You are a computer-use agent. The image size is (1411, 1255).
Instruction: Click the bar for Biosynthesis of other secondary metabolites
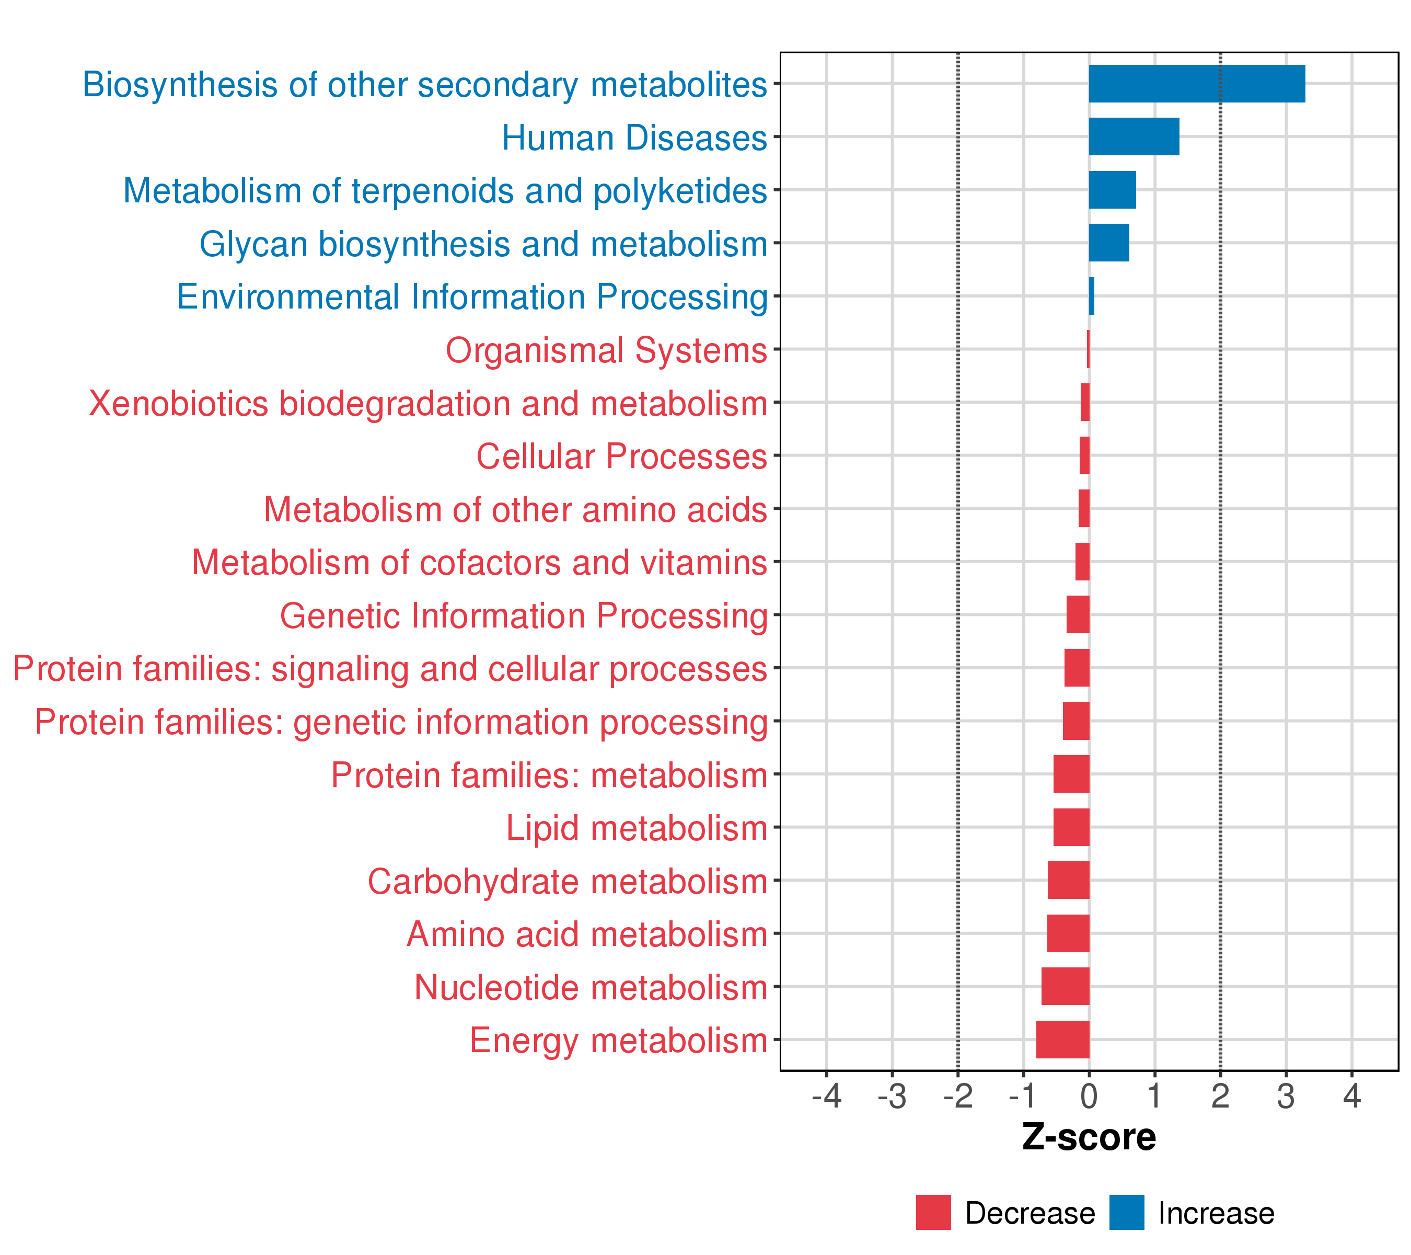point(1196,84)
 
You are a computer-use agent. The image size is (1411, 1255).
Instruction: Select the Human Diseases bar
point(1134,137)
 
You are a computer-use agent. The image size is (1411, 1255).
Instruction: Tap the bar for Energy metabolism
point(1062,1040)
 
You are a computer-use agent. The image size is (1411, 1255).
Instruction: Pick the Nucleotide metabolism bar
point(1065,986)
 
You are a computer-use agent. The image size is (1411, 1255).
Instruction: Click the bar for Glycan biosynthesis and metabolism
point(1108,243)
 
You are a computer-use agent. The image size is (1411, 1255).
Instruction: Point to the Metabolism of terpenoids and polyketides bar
point(1112,190)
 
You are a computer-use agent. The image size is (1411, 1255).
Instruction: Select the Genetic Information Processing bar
point(1078,615)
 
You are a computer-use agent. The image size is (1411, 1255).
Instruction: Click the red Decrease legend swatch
point(933,1213)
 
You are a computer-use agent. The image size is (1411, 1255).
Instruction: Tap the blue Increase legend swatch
point(1127,1213)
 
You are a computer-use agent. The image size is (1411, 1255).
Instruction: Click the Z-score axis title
point(1089,1137)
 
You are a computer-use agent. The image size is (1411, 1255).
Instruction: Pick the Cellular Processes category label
point(621,457)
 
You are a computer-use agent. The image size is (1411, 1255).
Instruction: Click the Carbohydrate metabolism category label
point(568,881)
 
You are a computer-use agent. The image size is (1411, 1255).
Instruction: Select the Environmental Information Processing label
point(472,297)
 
